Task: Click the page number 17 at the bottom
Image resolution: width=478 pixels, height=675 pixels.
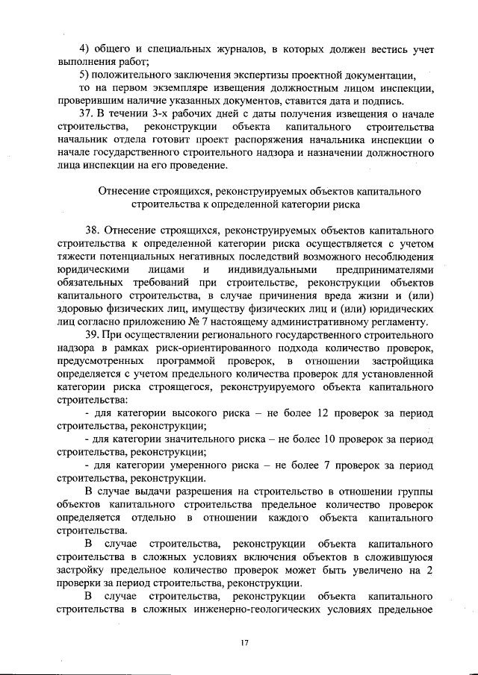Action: click(243, 642)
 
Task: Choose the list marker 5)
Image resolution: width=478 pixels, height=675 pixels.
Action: click(85, 75)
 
